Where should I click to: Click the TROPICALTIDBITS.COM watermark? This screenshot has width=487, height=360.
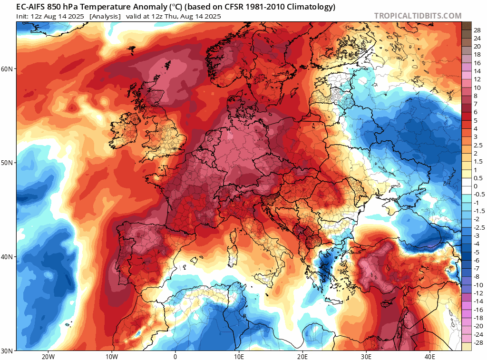pos(418,16)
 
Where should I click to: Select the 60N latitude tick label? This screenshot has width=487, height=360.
pos(7,68)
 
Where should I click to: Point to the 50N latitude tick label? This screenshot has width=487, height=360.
pos(7,163)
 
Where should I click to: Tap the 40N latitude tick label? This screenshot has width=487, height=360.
pos(7,257)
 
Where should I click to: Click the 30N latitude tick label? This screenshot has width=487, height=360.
pos(7,351)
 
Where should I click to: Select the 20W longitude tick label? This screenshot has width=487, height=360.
pos(48,356)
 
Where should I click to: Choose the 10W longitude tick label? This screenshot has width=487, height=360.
pos(111,356)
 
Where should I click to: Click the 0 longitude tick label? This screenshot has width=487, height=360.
pos(175,356)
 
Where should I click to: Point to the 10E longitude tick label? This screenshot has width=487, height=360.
pos(239,356)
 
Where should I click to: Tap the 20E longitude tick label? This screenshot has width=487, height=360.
pos(302,356)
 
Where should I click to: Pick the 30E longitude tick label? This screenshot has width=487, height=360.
pos(366,356)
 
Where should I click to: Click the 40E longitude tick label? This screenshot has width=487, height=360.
pos(430,356)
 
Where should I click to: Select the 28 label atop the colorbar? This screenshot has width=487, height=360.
pos(477,30)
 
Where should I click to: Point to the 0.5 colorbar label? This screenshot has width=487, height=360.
pos(478,178)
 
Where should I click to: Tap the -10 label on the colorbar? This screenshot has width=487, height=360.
pos(478,285)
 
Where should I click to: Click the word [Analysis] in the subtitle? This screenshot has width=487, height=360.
pos(105,17)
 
